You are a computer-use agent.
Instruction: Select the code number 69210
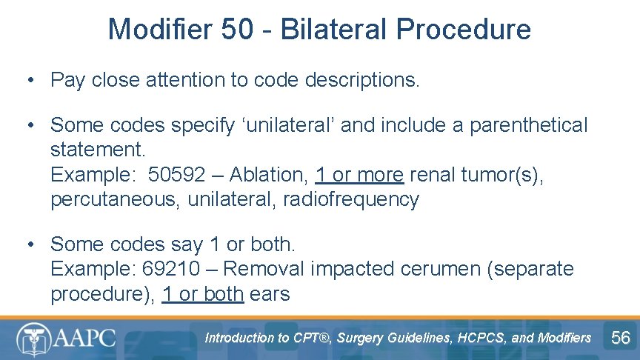(x=172, y=269)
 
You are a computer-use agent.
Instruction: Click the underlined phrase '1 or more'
(x=359, y=175)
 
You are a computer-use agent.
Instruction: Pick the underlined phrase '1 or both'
(x=203, y=294)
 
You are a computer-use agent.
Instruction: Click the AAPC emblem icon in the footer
(x=33, y=339)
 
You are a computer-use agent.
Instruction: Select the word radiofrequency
(x=351, y=199)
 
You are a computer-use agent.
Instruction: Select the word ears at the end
(x=270, y=294)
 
